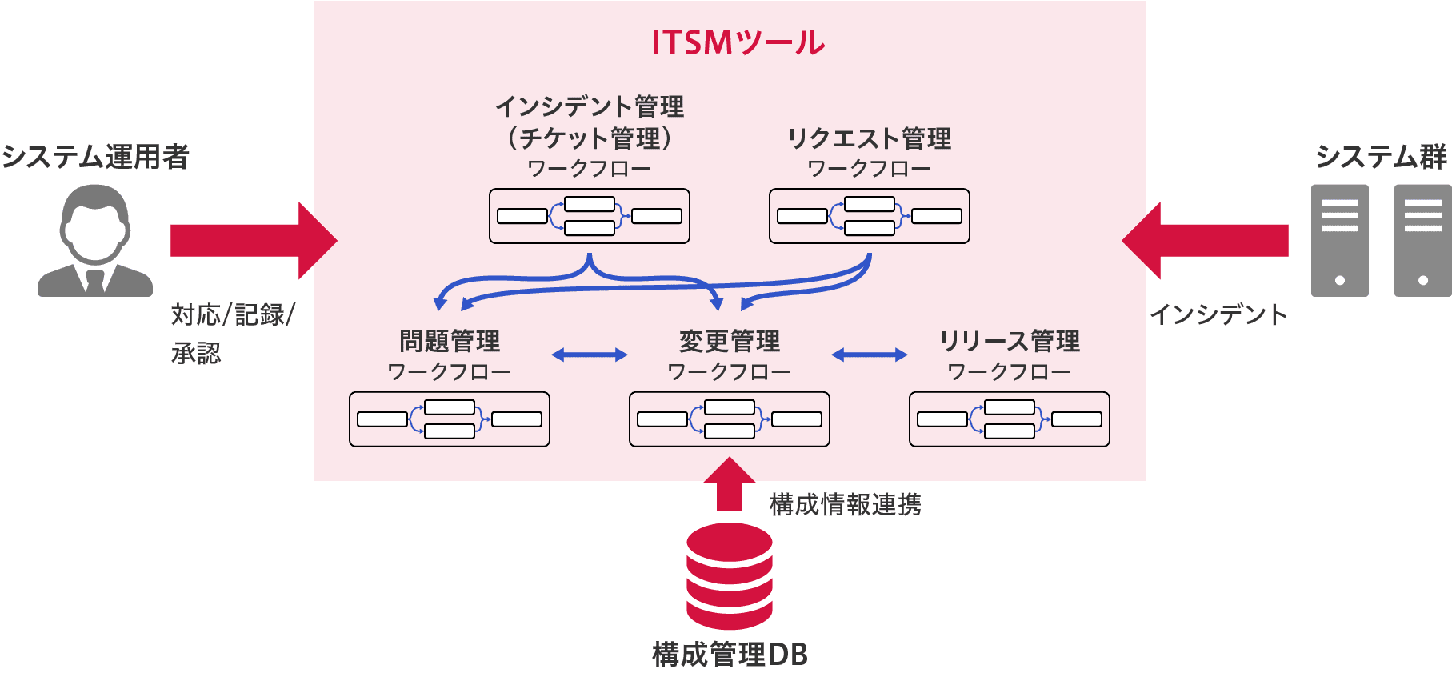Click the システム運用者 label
(95, 157)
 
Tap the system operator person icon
(95, 241)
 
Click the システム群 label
(1382, 157)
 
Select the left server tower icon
(1339, 241)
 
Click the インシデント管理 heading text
(590, 106)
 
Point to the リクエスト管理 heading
(870, 138)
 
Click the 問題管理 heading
(450, 341)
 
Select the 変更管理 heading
(730, 341)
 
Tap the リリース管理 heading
(1010, 341)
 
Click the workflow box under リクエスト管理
(870, 216)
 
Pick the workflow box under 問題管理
(450, 419)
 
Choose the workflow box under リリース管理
(1010, 419)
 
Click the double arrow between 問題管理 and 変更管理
(590, 355)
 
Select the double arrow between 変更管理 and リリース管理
(870, 355)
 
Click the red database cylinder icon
(729, 576)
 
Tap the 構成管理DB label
(730, 655)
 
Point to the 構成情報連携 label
(846, 504)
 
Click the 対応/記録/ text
(233, 314)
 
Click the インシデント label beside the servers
(1218, 314)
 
